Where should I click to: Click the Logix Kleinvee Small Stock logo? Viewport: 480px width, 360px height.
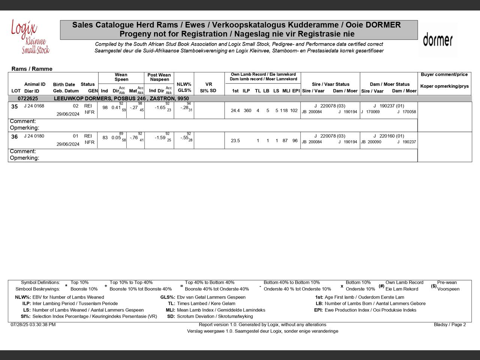point(30,37)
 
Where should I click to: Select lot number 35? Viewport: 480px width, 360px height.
point(15,106)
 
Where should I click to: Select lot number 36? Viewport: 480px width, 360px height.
point(15,137)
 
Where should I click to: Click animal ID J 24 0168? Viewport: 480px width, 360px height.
point(34,106)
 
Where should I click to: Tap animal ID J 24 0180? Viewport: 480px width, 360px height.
point(34,136)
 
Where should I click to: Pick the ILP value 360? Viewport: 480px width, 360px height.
point(247,111)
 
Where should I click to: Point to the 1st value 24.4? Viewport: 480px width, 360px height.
point(235,111)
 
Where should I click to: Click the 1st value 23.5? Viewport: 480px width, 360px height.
point(235,141)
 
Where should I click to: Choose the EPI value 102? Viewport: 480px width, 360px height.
point(294,111)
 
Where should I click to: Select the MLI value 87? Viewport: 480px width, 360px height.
point(285,141)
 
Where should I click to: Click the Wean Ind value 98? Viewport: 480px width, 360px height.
point(105,108)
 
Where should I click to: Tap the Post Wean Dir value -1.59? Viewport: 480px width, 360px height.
point(160,138)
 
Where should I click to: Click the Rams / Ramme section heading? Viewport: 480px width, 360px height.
point(32,69)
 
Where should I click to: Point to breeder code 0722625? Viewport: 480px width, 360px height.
point(28,99)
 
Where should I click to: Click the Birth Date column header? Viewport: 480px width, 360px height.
point(64,85)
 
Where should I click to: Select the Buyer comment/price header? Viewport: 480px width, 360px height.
point(444,75)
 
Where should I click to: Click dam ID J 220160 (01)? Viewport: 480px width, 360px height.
point(389,136)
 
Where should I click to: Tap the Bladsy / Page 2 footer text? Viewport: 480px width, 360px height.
point(450,325)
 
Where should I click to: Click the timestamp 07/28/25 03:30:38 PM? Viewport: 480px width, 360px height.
point(33,325)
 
